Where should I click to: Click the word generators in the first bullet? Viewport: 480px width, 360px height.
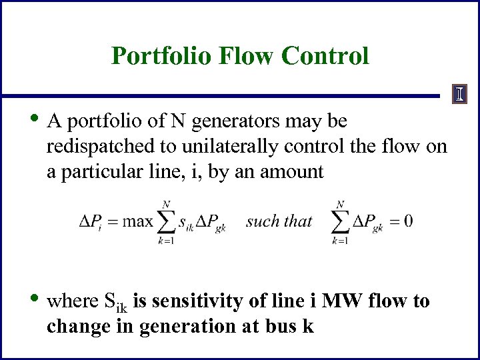230,121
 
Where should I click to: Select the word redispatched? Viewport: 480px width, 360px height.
97,147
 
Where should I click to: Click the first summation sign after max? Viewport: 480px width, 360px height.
167,221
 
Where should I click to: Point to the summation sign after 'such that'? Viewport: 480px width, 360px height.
340,221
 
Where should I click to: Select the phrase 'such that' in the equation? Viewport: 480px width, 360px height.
279,221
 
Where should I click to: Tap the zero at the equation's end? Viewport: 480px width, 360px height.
408,221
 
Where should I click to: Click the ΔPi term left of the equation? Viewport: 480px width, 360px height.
91,222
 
